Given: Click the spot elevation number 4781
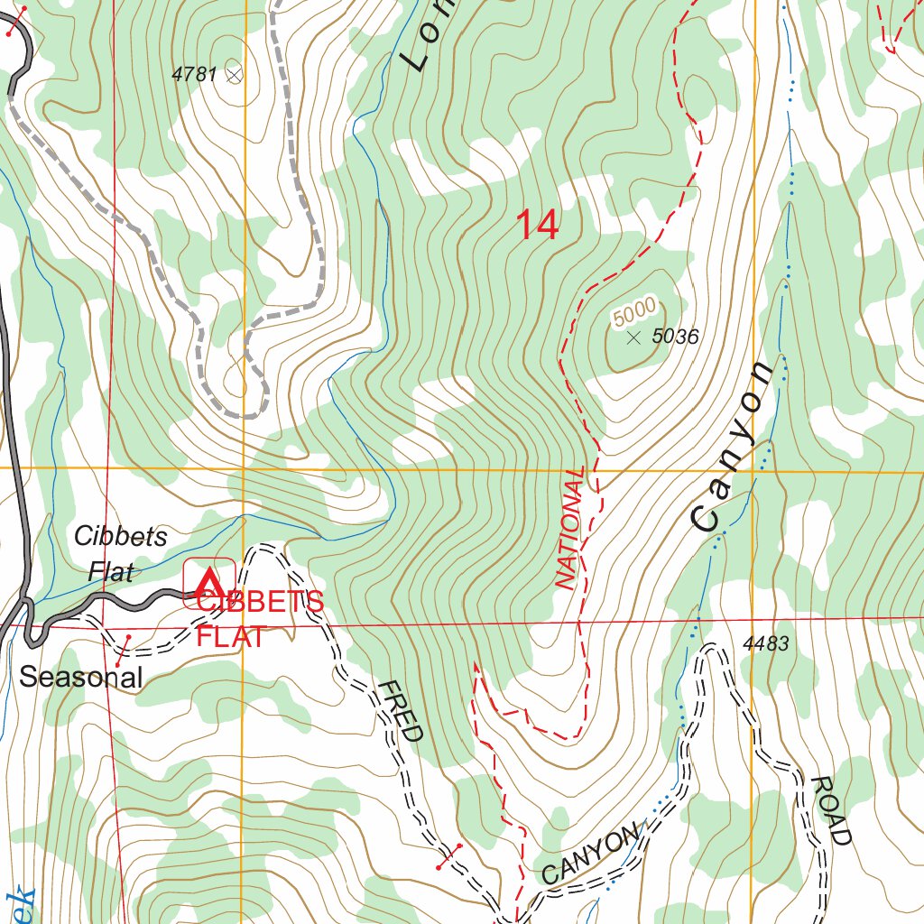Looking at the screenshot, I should click(x=193, y=75).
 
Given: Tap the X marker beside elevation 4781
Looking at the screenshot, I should click(x=234, y=75).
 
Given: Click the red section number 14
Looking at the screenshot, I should click(x=537, y=226).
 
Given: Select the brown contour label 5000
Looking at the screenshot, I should click(x=633, y=312).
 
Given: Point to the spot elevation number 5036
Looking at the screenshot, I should click(x=675, y=337).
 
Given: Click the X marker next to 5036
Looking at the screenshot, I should click(x=633, y=337).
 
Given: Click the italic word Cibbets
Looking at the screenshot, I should click(x=121, y=536).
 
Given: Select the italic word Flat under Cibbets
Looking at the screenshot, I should click(x=111, y=571).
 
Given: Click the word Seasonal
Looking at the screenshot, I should click(x=81, y=677).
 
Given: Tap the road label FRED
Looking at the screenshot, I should click(x=399, y=711).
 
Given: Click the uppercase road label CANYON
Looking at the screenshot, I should click(x=590, y=854).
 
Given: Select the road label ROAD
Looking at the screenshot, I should click(x=831, y=809).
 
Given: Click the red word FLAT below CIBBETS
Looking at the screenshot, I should click(x=232, y=636).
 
